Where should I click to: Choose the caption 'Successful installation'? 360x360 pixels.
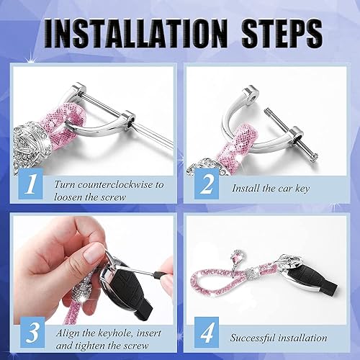pos(279,337)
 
